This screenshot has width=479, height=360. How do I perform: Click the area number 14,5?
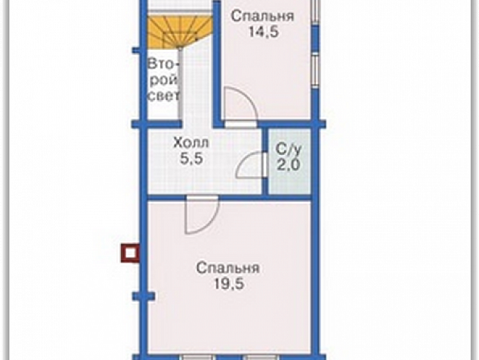pyautogui.click(x=264, y=32)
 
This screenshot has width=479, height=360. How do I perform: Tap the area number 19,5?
pyautogui.click(x=228, y=284)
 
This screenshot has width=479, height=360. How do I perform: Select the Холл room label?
pyautogui.click(x=191, y=142)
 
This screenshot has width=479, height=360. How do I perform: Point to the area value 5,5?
pyautogui.click(x=191, y=159)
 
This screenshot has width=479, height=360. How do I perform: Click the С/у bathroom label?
pyautogui.click(x=289, y=150)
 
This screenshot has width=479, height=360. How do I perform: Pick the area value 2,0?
pyautogui.click(x=289, y=165)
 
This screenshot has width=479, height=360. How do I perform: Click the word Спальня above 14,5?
pyautogui.click(x=262, y=16)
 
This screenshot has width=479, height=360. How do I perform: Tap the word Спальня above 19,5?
pyautogui.click(x=228, y=268)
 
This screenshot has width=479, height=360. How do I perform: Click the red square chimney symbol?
pyautogui.click(x=131, y=253)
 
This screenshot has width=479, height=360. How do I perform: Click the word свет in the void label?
pyautogui.click(x=163, y=96)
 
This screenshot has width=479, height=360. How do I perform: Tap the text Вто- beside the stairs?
pyautogui.click(x=163, y=65)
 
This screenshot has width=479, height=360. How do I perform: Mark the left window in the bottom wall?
pyautogui.click(x=196, y=357)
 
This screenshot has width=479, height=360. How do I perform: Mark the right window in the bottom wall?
pyautogui.click(x=261, y=357)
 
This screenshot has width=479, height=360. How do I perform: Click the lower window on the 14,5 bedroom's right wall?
pyautogui.click(x=315, y=70)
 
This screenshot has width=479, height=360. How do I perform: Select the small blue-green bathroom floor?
pyautogui.click(x=289, y=161)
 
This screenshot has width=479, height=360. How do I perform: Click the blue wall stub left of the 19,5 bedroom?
pyautogui.click(x=144, y=296)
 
